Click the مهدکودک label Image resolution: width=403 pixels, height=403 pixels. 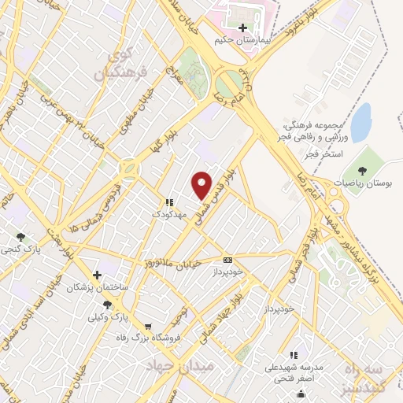click(169, 213)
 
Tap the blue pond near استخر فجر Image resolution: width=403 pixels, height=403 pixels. click(360, 122)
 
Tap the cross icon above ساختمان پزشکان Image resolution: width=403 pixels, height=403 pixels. click(96, 275)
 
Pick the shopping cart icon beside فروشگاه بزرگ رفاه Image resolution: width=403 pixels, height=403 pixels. click(149, 326)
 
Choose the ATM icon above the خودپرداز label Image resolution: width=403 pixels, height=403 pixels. click(228, 260)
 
